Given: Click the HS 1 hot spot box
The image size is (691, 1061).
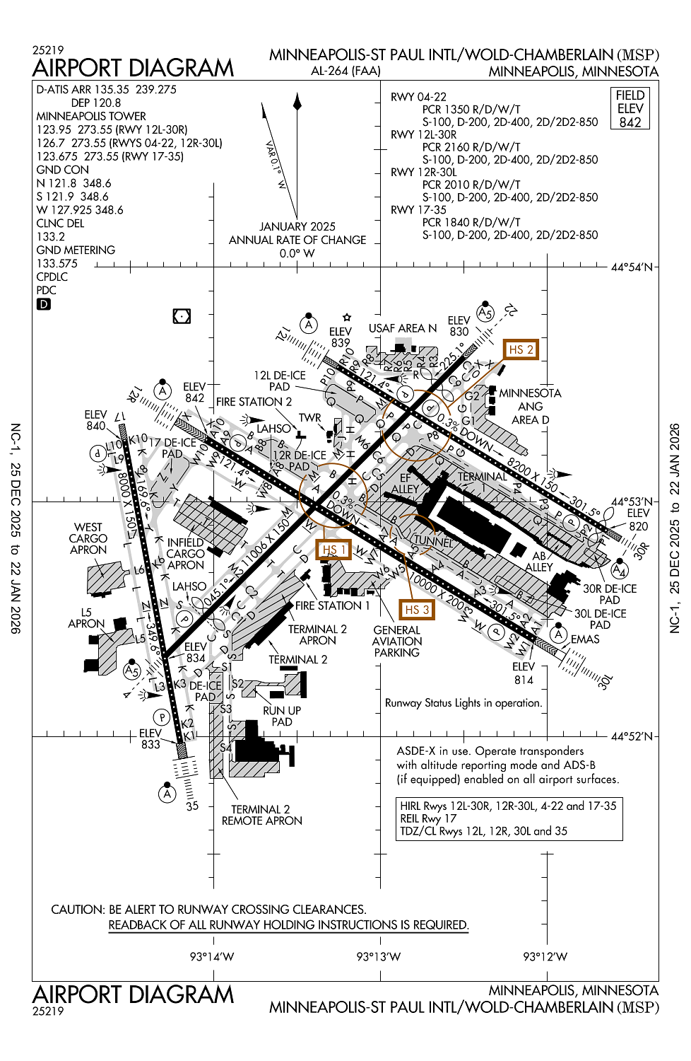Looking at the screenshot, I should coord(333,550).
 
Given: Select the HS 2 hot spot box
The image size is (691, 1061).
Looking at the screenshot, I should coord(521,349).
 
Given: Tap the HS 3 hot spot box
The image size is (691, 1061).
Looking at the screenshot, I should coord(416,610).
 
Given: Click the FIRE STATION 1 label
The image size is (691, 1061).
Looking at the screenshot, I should coord(332,605).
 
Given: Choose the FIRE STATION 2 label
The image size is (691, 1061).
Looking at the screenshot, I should coord(254,402).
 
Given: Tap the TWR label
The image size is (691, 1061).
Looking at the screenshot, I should coord(309,418).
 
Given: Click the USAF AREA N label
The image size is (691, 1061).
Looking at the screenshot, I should coord(403,328).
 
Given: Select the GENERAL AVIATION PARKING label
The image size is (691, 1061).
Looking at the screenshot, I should coord(396,641).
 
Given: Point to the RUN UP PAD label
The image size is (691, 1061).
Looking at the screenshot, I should coord(282,716).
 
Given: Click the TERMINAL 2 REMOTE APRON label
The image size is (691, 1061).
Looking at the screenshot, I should coord(261,815).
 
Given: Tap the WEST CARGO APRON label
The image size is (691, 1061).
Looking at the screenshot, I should coord(88,538).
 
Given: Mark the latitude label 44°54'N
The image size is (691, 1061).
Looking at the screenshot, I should coord(632,267).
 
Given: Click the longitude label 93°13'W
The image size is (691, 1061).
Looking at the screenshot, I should coord(378,956).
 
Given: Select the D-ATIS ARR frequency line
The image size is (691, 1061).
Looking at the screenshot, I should coord(106,90).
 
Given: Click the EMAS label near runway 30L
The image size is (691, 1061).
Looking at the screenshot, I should coord(585,639).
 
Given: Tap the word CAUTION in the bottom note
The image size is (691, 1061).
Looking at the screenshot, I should coord(77,910).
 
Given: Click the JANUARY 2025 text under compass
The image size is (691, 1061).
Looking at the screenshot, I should coord(297,226).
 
